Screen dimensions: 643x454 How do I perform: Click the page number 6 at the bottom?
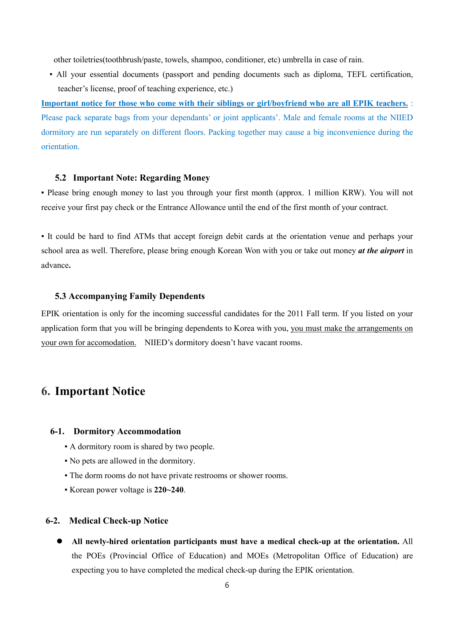tap(227, 585)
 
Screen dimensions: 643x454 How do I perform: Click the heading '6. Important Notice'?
tap(93, 391)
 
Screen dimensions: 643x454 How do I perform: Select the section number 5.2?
tap(61, 178)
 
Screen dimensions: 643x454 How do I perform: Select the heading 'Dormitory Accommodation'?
tap(127, 431)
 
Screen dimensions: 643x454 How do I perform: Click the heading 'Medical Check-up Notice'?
tap(119, 521)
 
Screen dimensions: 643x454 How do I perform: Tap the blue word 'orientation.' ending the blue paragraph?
tap(60, 147)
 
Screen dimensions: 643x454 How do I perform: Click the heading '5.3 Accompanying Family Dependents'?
tap(130, 296)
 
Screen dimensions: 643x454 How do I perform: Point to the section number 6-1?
tap(57, 431)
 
